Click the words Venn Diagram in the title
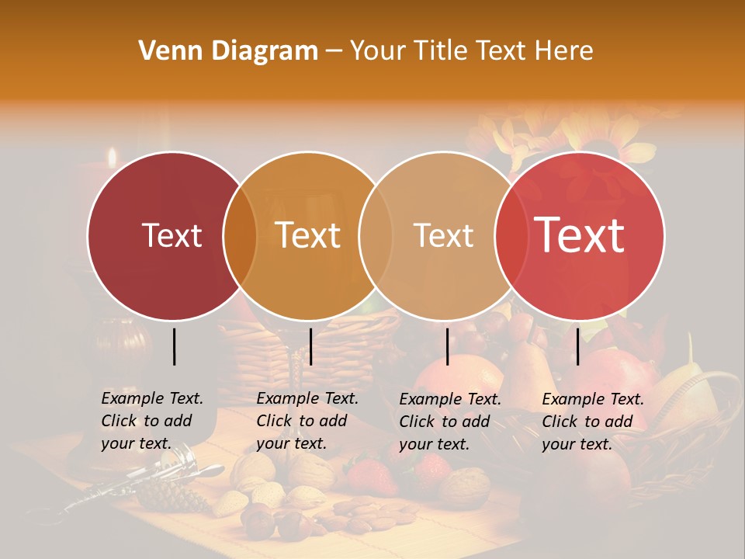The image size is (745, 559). click(x=228, y=51)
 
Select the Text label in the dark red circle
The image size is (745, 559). click(x=172, y=235)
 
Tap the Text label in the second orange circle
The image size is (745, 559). click(x=308, y=235)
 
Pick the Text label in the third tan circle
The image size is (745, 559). click(x=443, y=235)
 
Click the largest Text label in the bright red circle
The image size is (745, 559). click(x=580, y=234)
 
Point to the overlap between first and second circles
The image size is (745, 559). click(x=240, y=235)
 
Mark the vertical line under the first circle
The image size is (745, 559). click(x=175, y=346)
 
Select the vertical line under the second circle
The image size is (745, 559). click(x=310, y=346)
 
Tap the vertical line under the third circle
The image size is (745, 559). click(x=448, y=346)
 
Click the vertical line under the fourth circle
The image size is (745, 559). click(x=578, y=346)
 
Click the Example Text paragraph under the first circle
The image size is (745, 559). click(x=152, y=421)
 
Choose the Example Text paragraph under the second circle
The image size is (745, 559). click(x=307, y=421)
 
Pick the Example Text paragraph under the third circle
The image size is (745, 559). click(x=450, y=422)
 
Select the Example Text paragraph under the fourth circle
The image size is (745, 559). click(x=593, y=422)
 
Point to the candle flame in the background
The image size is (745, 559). click(x=113, y=158)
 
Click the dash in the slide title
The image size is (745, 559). click(x=334, y=51)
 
